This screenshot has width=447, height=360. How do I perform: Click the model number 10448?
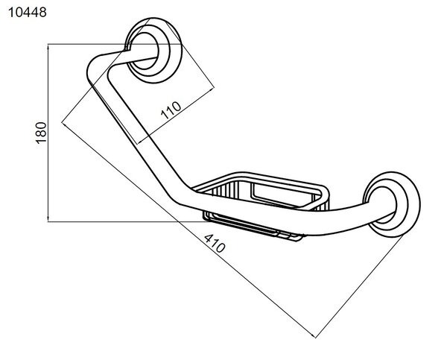click(28, 13)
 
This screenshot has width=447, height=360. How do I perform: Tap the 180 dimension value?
click(41, 133)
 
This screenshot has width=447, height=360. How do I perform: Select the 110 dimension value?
click(171, 110)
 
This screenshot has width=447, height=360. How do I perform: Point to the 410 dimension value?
click(215, 243)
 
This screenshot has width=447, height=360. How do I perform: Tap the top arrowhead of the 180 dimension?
click(48, 46)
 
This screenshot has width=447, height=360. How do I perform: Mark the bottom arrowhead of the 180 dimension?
click(48, 219)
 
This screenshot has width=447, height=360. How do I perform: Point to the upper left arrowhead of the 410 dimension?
click(64, 124)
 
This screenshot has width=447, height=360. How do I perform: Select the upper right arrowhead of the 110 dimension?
click(212, 90)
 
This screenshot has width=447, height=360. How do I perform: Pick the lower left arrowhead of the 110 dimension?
click(141, 141)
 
